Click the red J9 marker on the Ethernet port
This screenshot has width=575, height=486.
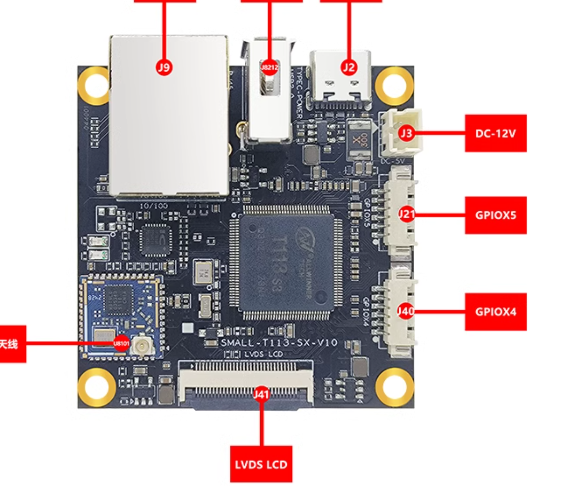163,68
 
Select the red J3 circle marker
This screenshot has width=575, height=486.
406,133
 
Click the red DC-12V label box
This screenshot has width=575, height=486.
495,133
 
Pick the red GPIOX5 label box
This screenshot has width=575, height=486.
495,215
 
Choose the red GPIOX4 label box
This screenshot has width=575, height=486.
495,312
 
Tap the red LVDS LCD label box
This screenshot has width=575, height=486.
261,465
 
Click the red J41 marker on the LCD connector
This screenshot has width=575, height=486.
261,395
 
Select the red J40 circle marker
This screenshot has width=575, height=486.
406,312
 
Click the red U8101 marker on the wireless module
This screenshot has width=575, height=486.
120,342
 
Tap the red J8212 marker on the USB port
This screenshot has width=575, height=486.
269,67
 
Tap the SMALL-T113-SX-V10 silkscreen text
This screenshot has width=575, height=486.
279,342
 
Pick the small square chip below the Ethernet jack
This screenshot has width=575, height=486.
154,240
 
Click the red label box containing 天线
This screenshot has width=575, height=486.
11,343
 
